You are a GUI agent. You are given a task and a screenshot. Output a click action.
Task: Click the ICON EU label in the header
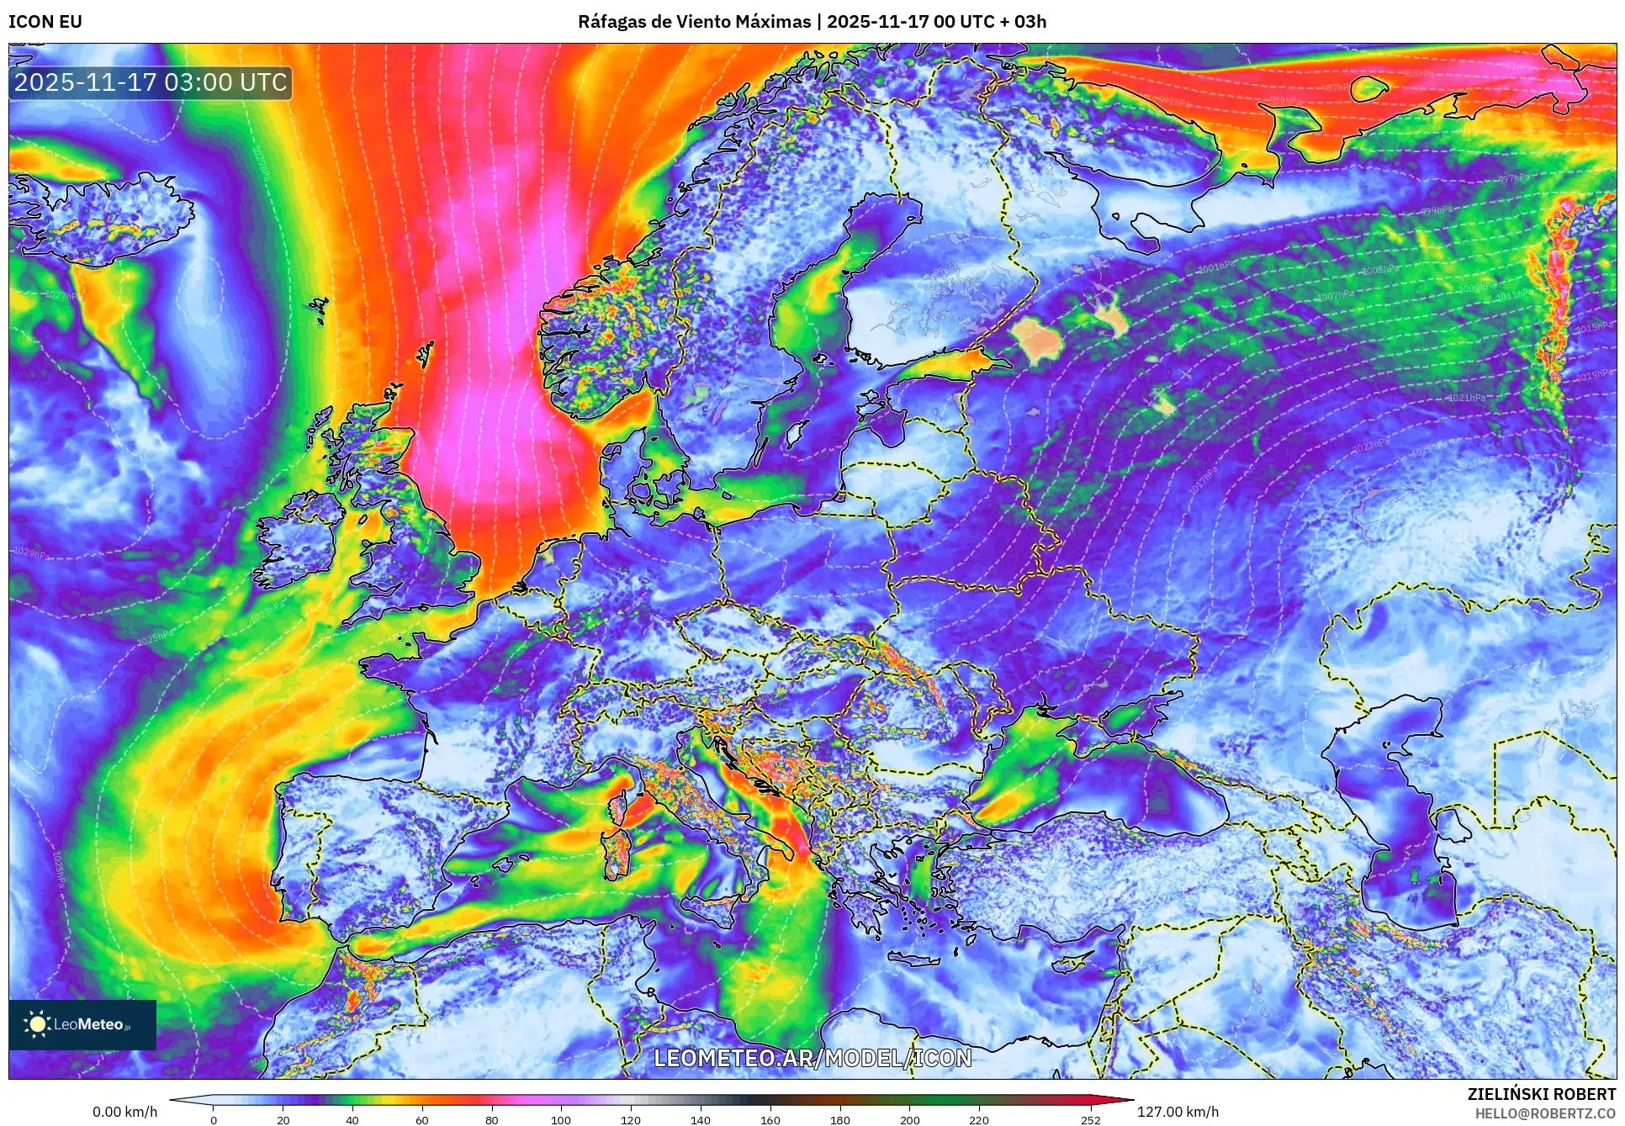(x=45, y=22)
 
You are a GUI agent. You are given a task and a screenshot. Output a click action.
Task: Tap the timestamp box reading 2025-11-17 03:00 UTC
(x=151, y=82)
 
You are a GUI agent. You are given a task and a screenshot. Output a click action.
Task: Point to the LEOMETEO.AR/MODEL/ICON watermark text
(x=812, y=1058)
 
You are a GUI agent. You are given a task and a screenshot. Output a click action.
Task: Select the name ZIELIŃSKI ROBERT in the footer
(x=1541, y=1094)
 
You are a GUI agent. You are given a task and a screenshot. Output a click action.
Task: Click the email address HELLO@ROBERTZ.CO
(x=1545, y=1113)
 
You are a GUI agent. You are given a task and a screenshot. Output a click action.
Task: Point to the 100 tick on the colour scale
(x=561, y=1119)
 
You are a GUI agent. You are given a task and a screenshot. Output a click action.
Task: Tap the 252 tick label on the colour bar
(x=1090, y=1119)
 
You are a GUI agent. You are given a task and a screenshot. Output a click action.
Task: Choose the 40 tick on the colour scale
(x=352, y=1119)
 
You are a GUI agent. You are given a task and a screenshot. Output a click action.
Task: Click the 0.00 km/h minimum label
(x=124, y=1112)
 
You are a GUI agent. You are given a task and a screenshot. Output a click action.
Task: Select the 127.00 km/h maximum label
(x=1178, y=1112)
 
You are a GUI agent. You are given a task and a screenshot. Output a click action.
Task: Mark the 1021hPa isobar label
(x=1466, y=398)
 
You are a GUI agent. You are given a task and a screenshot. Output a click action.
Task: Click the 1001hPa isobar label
(x=1217, y=267)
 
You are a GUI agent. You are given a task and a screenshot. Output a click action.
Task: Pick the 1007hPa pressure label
(x=1336, y=295)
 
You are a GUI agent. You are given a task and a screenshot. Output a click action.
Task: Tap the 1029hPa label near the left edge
(x=31, y=553)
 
